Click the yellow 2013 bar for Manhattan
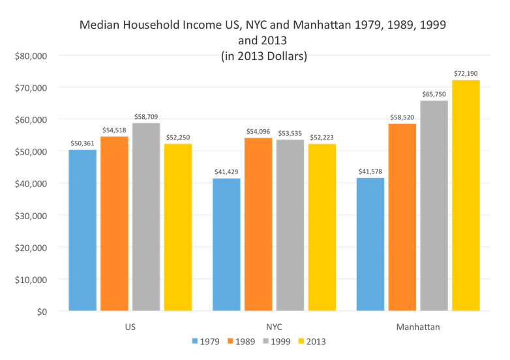tap(466, 195)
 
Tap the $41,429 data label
tap(227, 172)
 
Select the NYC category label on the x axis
tap(275, 325)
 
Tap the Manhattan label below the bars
tap(419, 325)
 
